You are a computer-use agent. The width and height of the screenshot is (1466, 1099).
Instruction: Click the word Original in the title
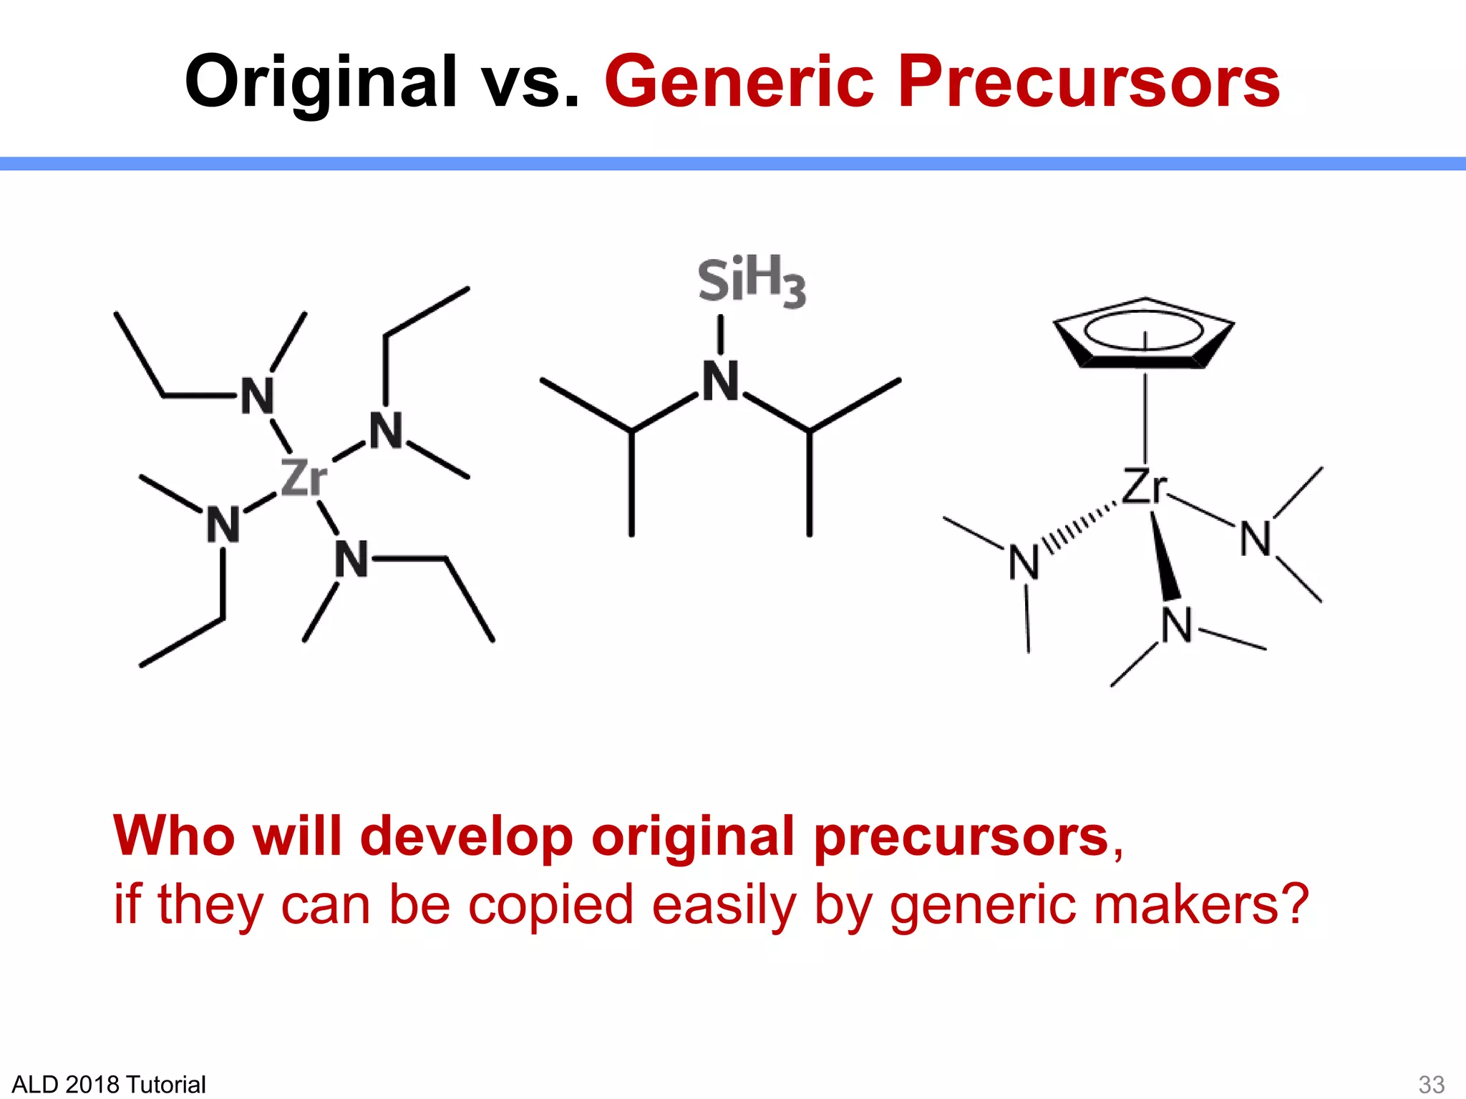click(x=321, y=82)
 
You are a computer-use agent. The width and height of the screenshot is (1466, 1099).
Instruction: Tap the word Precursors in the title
click(x=1088, y=82)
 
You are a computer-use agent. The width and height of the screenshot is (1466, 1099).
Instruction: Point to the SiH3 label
click(x=752, y=280)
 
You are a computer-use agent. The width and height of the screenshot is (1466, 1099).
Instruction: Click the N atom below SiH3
click(x=720, y=381)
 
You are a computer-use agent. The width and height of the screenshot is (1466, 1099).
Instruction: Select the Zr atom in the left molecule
click(x=304, y=478)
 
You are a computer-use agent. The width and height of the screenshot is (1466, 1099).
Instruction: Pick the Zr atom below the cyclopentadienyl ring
click(x=1145, y=487)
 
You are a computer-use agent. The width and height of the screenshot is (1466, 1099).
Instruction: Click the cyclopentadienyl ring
click(x=1144, y=333)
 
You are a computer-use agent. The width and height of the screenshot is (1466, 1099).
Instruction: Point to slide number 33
click(x=1431, y=1084)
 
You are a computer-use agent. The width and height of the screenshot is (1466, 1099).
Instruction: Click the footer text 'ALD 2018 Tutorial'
click(x=109, y=1084)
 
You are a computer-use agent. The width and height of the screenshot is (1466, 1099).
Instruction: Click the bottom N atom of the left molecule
click(x=351, y=559)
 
